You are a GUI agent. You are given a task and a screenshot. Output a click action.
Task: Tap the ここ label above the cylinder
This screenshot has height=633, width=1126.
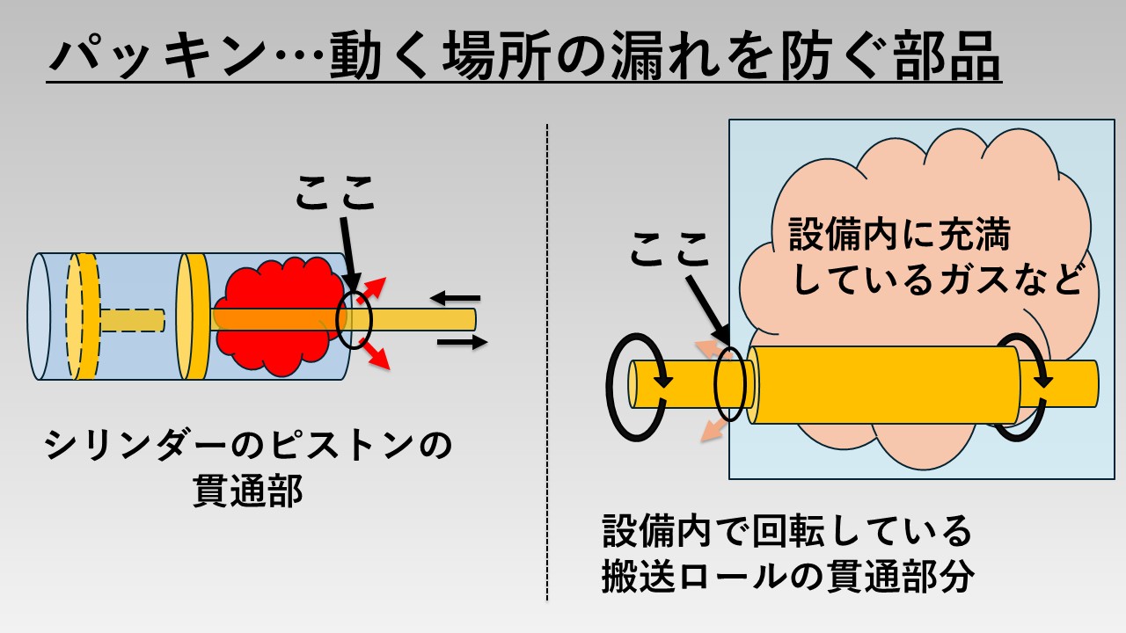point(334,194)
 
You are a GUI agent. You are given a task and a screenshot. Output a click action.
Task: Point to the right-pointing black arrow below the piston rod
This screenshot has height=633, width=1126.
point(461,342)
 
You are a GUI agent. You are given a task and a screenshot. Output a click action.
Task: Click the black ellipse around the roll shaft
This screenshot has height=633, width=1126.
point(733,384)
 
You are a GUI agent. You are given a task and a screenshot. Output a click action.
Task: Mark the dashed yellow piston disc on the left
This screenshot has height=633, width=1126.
point(84,316)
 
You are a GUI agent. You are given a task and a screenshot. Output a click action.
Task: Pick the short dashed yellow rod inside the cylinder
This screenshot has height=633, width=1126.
point(132,320)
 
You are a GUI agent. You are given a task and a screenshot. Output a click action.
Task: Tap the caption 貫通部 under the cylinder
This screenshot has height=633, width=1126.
point(247,491)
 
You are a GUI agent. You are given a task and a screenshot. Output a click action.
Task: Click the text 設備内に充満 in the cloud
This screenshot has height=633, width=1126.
point(900,236)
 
